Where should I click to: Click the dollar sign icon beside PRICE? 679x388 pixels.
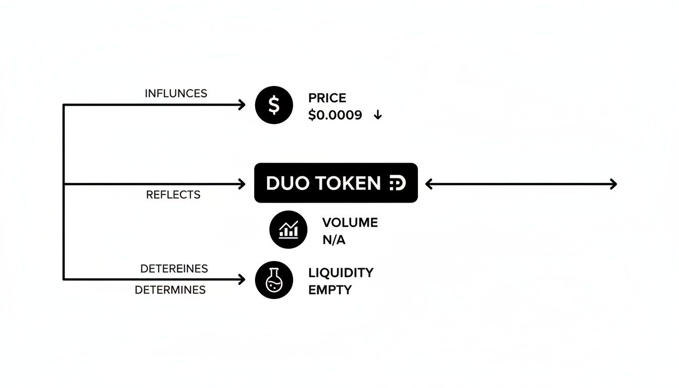tap(274, 105)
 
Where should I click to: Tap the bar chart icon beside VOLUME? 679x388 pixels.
tap(288, 230)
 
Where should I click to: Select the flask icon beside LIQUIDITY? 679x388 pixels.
tap(274, 279)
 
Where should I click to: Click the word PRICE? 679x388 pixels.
tap(327, 98)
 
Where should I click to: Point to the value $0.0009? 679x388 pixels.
tap(335, 115)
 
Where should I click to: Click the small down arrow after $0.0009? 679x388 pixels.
tap(377, 116)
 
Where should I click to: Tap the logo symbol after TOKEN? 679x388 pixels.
tap(398, 183)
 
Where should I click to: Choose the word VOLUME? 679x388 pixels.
tap(350, 222)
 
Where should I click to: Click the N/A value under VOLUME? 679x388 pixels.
tap(333, 240)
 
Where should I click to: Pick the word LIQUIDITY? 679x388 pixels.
tap(341, 273)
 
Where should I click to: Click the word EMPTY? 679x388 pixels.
tap(329, 290)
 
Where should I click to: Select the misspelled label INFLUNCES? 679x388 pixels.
tap(176, 93)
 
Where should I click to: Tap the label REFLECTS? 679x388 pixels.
tap(173, 195)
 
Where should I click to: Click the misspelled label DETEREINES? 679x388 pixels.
tap(174, 269)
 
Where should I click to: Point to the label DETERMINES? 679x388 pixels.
tap(170, 290)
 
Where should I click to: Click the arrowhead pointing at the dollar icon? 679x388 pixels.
tap(242, 105)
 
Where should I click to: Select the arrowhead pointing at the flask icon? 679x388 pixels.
tap(242, 279)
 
